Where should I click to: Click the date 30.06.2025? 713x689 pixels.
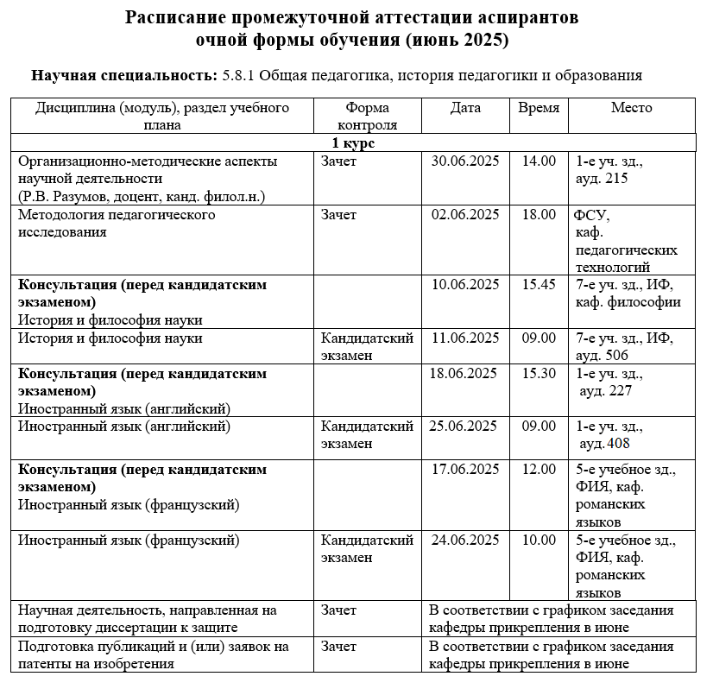point(465,161)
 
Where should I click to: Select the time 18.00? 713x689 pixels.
point(539,215)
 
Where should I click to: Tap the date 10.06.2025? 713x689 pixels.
point(465,285)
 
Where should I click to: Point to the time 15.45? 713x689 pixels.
point(539,285)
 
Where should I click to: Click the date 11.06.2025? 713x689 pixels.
point(465,338)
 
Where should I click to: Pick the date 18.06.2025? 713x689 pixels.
point(464,374)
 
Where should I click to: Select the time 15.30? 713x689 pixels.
point(539,374)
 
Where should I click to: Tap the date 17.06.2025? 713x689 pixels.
point(465,470)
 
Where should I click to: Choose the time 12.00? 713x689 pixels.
point(539,470)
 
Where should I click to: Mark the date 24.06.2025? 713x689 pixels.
point(465,540)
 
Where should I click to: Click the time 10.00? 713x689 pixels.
point(539,540)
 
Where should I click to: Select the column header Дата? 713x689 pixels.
point(465,109)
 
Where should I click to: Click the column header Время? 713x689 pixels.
point(539,109)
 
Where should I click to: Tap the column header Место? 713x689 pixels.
point(631,109)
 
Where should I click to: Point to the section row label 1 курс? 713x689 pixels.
point(353,142)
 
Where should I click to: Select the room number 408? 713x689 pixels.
point(617,444)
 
